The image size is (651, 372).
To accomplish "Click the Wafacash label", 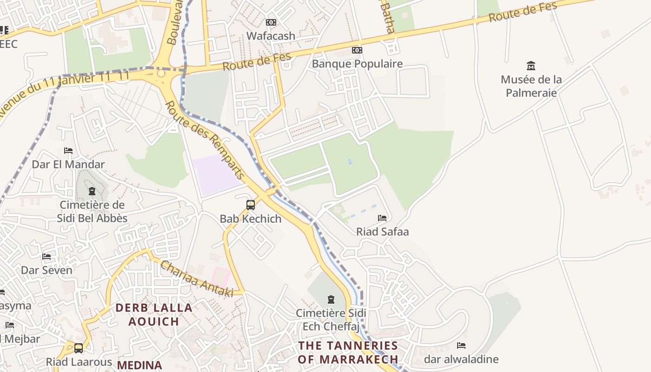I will [271, 36].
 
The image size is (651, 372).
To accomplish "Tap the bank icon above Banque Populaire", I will [357, 50].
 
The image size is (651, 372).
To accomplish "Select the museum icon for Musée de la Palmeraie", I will [531, 66].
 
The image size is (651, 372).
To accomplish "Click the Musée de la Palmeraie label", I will [531, 86].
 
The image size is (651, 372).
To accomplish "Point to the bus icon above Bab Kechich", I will [250, 205].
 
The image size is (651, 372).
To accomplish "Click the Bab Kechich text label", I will [250, 219].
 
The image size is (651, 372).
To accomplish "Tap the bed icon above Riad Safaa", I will [382, 218].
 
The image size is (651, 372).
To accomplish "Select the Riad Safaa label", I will [382, 232].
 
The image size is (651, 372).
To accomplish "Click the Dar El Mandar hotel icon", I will [68, 151].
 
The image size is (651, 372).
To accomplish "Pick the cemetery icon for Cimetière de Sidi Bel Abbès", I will [92, 191].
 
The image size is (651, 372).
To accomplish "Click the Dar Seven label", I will [46, 270].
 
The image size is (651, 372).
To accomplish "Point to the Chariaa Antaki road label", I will [196, 279].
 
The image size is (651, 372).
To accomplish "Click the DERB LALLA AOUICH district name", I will [154, 314].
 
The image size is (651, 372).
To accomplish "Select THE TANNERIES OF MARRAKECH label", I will [348, 352].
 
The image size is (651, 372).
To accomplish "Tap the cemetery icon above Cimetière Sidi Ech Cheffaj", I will [331, 299].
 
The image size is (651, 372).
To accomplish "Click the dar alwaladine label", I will [461, 359].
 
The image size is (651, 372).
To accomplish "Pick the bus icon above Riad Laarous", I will [79, 348].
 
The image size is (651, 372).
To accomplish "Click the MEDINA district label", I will [139, 365].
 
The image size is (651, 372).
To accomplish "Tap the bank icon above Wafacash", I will [271, 22].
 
